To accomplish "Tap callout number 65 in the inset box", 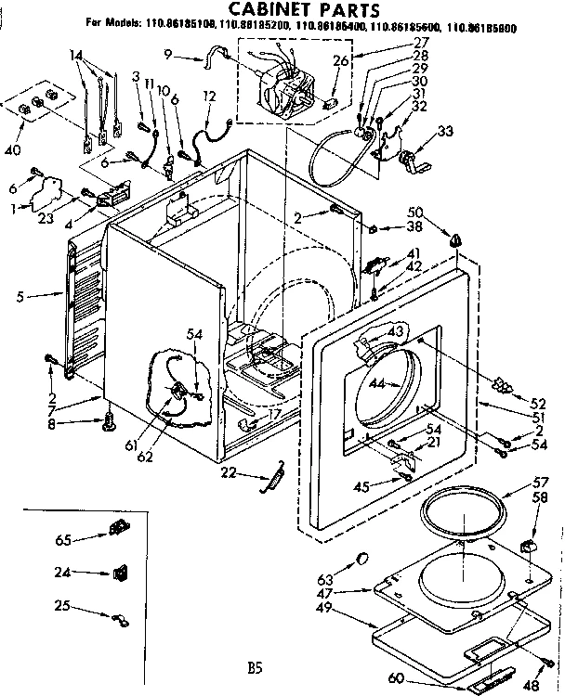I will point(63,538).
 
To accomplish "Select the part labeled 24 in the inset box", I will point(121,573).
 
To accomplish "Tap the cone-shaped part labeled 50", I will point(455,239).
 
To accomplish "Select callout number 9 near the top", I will point(168,56).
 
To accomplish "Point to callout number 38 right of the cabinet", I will point(414,227).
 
